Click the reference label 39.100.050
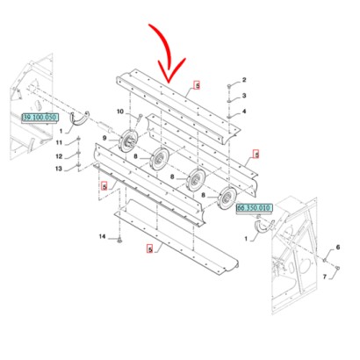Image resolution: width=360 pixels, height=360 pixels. (x=40, y=117)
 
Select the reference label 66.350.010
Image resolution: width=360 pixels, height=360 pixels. (x=255, y=209)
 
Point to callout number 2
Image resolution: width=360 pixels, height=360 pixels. (x=245, y=80)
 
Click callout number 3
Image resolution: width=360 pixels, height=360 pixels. (x=245, y=95)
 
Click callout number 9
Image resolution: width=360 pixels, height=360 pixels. (x=104, y=138)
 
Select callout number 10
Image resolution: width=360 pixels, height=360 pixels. (x=121, y=111)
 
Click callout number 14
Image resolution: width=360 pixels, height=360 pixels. (x=101, y=238)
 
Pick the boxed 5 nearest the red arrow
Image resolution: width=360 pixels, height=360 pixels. (x=198, y=85)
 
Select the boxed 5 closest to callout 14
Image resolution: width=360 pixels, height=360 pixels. (x=150, y=249)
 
